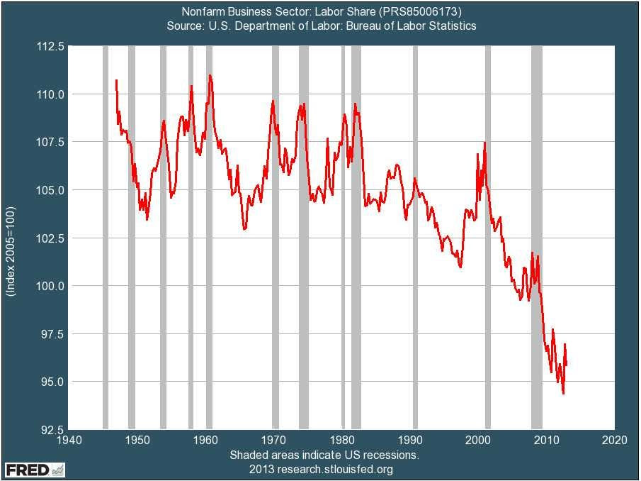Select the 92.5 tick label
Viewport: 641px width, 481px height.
tap(52, 430)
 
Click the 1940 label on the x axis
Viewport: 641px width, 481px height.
tap(68, 441)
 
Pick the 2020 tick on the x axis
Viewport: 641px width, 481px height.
tap(614, 441)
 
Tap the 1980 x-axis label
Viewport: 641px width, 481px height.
tap(341, 441)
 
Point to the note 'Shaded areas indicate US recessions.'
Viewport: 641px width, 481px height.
tap(324, 455)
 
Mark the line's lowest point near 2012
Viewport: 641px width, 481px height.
tap(563, 393)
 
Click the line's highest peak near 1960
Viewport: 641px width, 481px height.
tap(210, 75)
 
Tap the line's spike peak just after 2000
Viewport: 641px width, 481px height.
tap(484, 143)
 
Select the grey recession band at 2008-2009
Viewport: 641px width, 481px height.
tap(537, 238)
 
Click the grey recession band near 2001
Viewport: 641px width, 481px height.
tap(488, 238)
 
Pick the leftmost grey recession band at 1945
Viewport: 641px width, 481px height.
tap(106, 238)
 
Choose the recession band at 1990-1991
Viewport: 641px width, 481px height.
tap(415, 238)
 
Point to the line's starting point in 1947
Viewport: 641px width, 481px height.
tap(116, 80)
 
